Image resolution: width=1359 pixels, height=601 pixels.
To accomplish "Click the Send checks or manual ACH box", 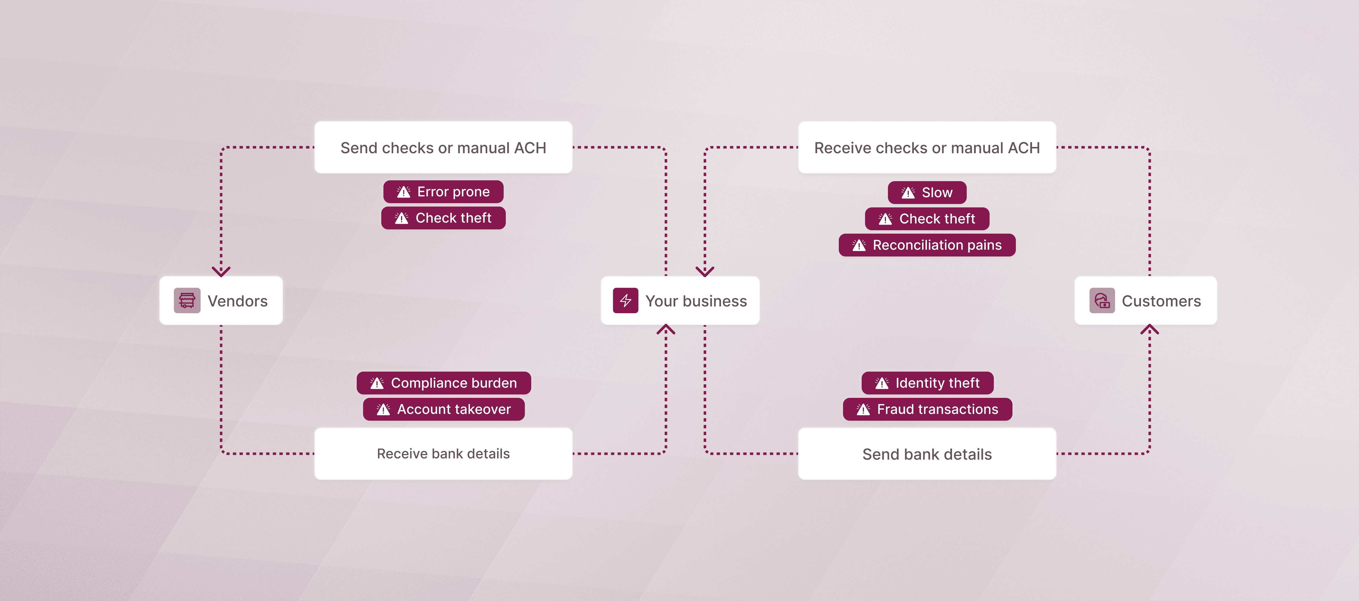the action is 443,148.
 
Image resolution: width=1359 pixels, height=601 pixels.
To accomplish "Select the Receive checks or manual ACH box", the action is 927,148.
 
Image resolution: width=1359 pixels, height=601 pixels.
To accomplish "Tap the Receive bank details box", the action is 443,453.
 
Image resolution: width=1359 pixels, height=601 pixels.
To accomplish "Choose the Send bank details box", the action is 927,454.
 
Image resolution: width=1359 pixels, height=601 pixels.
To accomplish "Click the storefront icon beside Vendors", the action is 187,300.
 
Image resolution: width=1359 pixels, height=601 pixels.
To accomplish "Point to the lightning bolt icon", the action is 626,300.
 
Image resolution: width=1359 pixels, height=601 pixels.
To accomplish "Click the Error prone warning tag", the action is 443,192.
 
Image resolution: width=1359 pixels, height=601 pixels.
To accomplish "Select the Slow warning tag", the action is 927,192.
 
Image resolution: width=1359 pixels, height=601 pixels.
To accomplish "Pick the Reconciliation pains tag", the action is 927,245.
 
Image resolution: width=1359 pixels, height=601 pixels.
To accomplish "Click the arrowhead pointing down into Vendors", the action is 221,271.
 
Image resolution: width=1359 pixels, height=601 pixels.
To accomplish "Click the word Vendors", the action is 238,301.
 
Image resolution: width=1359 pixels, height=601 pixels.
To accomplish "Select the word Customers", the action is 1161,301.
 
